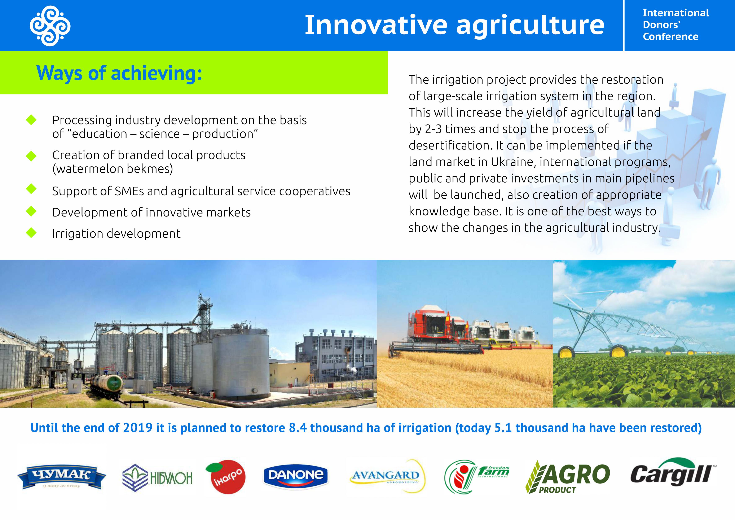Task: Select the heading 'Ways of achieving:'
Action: click(119, 73)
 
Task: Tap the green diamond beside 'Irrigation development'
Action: click(31, 233)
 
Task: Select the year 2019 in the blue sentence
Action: click(138, 428)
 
